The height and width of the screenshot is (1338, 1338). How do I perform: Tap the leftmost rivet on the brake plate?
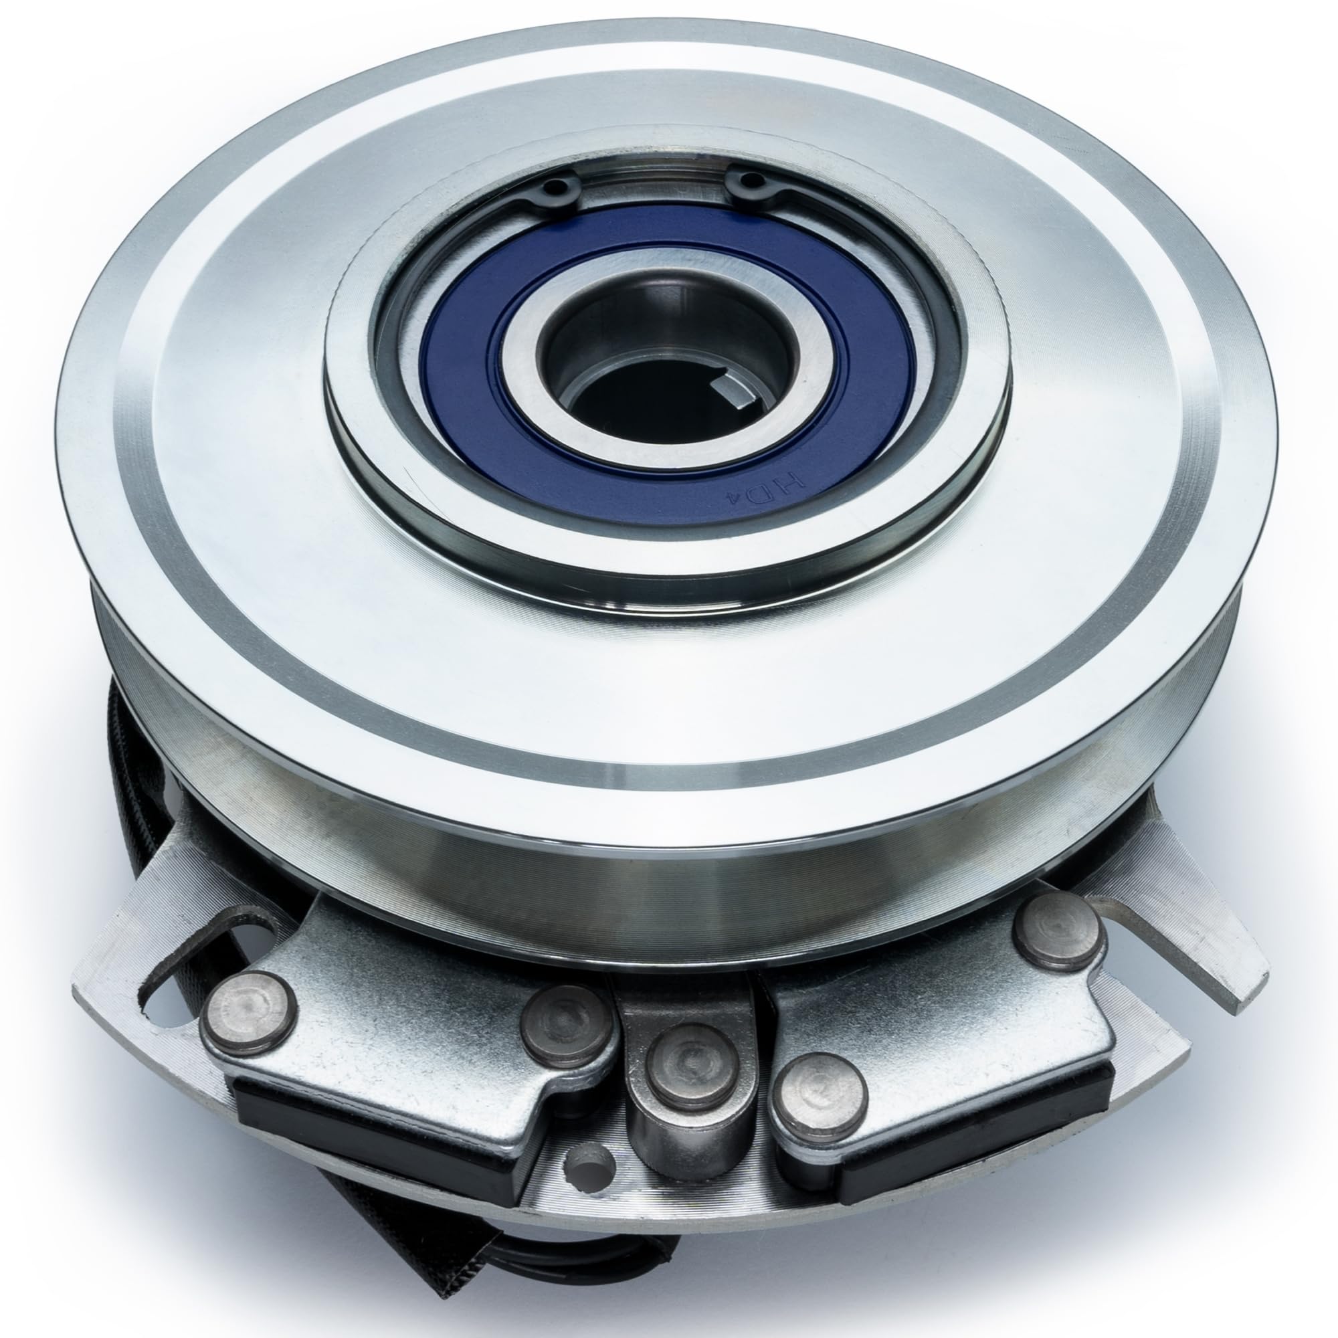(247, 1012)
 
